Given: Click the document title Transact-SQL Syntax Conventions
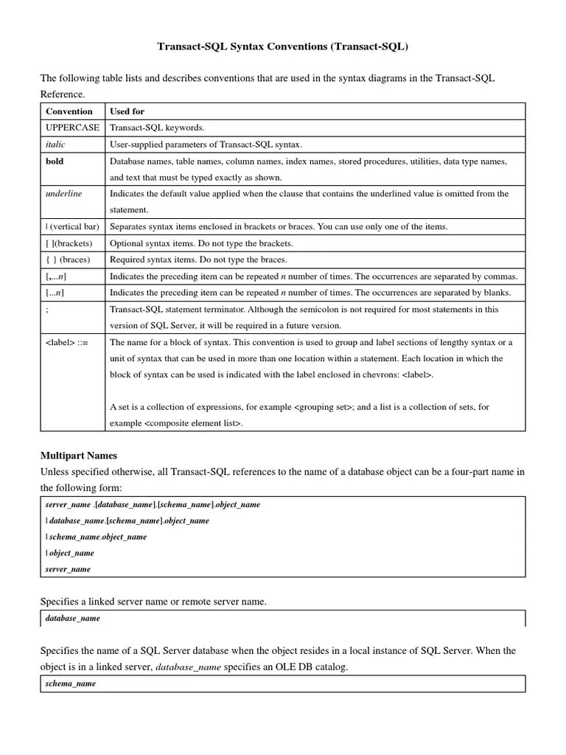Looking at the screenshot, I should [x=282, y=46].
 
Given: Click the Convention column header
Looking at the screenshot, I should [x=69, y=111].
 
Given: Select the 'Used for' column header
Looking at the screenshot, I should [x=127, y=111].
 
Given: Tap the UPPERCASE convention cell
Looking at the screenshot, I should [x=72, y=128].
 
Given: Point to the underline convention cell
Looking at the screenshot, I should [x=64, y=193].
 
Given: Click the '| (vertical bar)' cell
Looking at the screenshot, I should [x=72, y=226].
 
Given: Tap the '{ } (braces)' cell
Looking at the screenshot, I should [x=68, y=260].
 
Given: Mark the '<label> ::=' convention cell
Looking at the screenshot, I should [x=66, y=342].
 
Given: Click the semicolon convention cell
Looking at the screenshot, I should [x=47, y=309].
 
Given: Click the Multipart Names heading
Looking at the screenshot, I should [x=79, y=456].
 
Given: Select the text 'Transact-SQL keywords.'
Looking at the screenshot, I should [x=157, y=128].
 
